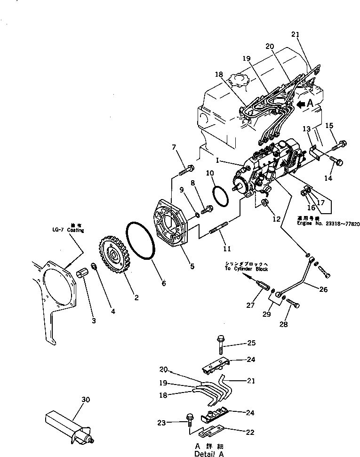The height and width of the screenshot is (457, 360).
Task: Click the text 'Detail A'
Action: (x=208, y=454)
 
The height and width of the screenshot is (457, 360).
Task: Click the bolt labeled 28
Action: (x=292, y=304)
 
